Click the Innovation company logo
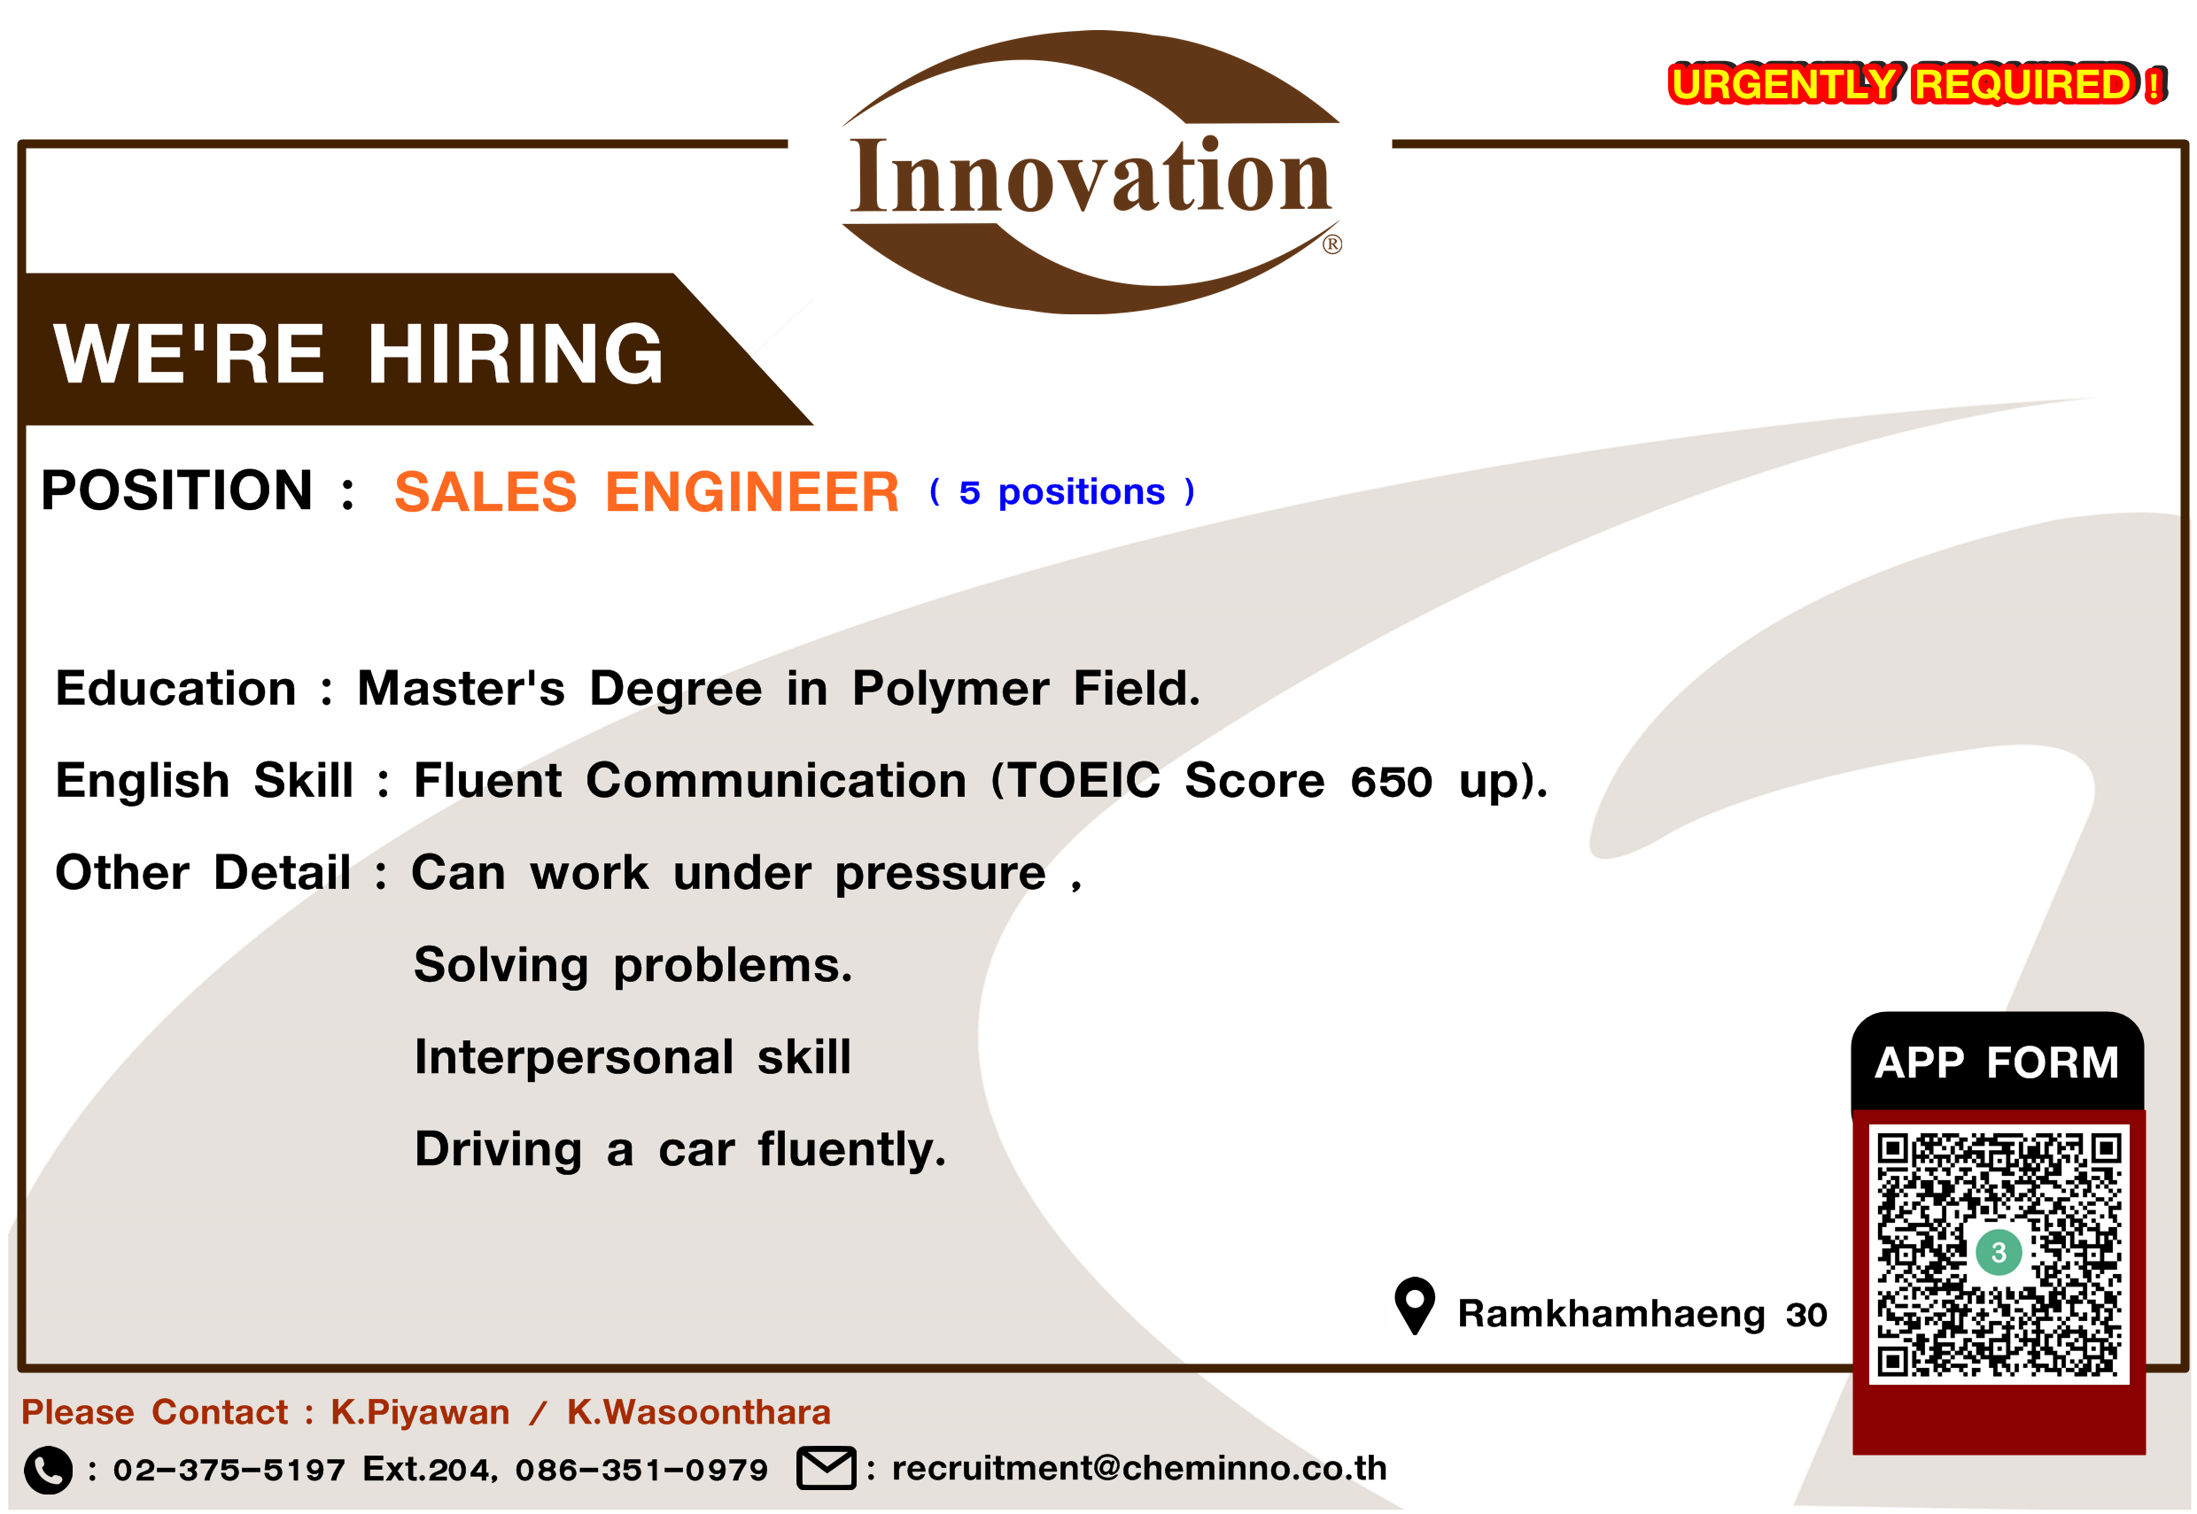coord(1091,173)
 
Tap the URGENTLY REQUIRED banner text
coord(1916,84)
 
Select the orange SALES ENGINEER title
coord(647,491)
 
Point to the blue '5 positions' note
coord(1062,492)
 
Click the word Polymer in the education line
coord(950,690)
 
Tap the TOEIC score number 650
coord(1391,783)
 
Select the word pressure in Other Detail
coord(941,874)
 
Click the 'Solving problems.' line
coord(633,966)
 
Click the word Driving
coord(498,1150)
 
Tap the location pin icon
coord(1414,1305)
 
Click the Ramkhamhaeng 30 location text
coord(1642,1314)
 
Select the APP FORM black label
coord(1997,1063)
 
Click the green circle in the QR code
coord(1999,1252)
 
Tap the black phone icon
coord(48,1470)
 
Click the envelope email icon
coord(826,1469)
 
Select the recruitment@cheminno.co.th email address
coord(1139,1469)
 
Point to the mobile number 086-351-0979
coord(641,1471)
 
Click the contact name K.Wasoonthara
coord(698,1412)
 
